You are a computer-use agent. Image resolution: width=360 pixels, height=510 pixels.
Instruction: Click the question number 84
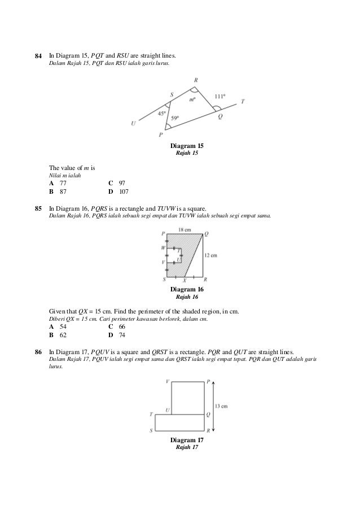[38, 56]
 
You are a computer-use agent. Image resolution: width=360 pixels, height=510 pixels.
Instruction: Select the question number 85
[38, 209]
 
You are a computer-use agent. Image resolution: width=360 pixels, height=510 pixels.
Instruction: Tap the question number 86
[38, 352]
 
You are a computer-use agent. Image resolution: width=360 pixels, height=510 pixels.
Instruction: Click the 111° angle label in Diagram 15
[219, 96]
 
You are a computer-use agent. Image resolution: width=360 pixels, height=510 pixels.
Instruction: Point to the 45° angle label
[161, 114]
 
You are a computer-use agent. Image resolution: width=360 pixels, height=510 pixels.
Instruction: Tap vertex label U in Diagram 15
[133, 124]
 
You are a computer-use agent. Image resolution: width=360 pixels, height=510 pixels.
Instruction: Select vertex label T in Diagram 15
[243, 101]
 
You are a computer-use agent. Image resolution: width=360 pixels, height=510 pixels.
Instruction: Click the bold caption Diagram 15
[187, 146]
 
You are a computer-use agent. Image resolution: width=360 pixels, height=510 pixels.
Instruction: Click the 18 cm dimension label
[185, 230]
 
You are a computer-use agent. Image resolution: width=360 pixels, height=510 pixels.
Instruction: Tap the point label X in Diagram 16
[185, 280]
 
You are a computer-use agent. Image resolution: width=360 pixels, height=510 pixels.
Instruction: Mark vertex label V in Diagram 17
[168, 382]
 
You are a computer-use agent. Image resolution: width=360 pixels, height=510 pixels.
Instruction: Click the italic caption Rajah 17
[187, 447]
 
